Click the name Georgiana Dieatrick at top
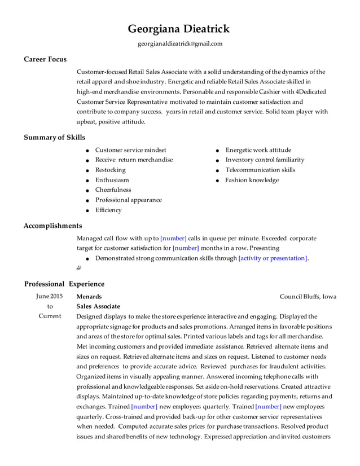pos(179,29)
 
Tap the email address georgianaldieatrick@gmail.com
pos(180,43)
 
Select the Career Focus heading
pos(45,59)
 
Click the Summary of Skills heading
pos(55,137)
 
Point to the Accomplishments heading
pos(52,226)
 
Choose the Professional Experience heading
pos(64,284)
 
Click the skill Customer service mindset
pos(130,150)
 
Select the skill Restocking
pos(110,170)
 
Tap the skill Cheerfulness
pos(113,190)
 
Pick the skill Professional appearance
pos(128,200)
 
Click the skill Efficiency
pos(108,210)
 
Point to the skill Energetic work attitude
pos(258,150)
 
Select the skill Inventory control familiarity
pos(265,160)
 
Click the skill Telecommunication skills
pos(260,170)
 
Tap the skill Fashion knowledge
pos(252,180)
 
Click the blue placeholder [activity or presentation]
pos(273,258)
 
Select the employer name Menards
pos(89,296)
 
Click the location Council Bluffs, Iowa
pos(308,296)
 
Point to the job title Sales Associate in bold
pos(98,306)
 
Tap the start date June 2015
pos(50,296)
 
